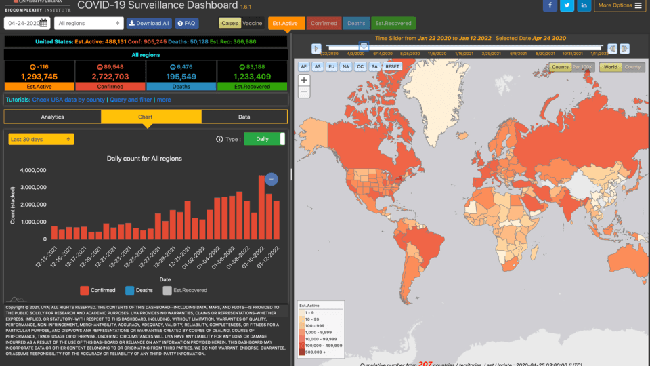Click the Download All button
150,23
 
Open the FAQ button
187,23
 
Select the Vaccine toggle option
253,23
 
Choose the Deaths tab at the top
356,23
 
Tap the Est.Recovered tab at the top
393,23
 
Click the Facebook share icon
549,5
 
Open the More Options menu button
620,5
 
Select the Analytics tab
52,117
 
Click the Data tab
244,117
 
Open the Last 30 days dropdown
41,139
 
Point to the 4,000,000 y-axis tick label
33,171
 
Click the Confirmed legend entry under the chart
97,290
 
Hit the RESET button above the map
393,67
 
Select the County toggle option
632,67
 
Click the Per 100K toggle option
584,67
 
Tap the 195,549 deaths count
181,77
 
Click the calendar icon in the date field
43,23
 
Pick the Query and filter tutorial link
131,100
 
